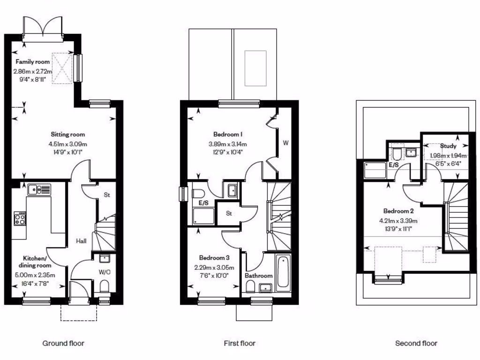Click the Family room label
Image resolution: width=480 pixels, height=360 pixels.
32,62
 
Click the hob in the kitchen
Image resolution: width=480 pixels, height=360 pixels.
20,218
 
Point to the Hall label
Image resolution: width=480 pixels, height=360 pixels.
82,241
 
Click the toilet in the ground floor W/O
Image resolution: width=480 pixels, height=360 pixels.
105,287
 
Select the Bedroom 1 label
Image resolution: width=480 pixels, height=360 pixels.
227,135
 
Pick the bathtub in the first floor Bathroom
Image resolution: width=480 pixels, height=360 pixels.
283,273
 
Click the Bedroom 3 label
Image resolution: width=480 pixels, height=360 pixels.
214,258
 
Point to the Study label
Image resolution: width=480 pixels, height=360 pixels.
448,146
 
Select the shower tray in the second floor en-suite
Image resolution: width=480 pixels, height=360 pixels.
375,170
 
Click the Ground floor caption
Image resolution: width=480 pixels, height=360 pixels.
63,344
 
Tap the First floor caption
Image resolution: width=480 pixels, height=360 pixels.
239,344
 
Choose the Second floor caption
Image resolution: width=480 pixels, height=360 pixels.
416,344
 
